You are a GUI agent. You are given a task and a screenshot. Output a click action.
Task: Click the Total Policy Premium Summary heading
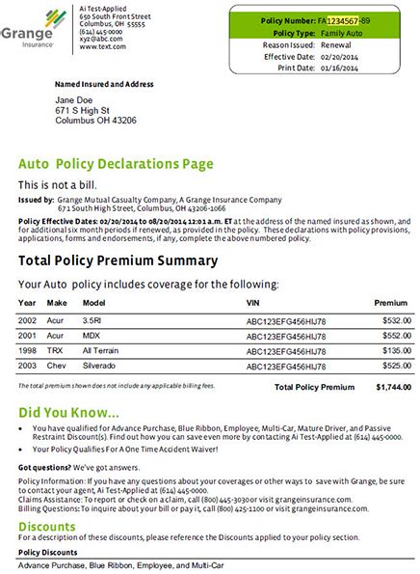(118, 260)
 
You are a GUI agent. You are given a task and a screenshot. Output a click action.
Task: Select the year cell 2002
(28, 319)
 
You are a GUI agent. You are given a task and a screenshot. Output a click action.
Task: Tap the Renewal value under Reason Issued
(334, 43)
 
